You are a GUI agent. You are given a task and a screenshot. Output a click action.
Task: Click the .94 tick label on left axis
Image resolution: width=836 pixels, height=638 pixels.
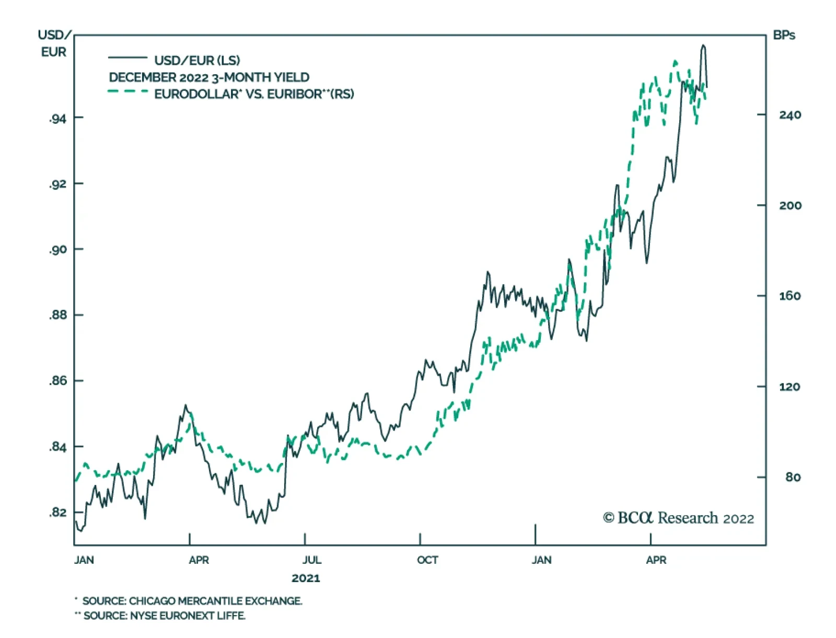coord(58,119)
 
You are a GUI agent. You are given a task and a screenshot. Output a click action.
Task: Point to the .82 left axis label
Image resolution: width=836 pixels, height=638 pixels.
coord(58,513)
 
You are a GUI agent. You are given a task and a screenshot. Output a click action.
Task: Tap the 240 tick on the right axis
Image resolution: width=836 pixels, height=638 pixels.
coord(789,115)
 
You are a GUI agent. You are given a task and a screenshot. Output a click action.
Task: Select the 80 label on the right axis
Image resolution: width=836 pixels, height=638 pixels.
coord(793,477)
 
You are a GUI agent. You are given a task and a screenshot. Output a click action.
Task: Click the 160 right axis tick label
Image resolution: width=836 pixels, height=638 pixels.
coord(789,296)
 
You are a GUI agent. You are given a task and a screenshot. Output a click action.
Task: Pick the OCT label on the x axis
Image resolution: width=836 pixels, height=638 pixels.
coord(427,560)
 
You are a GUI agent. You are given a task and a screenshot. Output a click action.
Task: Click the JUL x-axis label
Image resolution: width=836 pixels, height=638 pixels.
coord(311,560)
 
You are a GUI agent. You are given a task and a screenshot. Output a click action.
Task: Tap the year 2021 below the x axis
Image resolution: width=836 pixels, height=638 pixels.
coord(306,578)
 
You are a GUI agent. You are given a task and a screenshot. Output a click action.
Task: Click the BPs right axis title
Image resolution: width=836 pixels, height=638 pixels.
coord(784,36)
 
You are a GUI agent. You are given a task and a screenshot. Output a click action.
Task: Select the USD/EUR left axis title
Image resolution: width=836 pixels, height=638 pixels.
coord(54,44)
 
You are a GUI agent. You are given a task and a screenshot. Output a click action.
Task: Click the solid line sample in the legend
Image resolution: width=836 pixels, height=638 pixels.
coord(127,57)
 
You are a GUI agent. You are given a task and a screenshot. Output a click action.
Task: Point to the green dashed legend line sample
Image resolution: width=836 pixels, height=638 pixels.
coord(127,91)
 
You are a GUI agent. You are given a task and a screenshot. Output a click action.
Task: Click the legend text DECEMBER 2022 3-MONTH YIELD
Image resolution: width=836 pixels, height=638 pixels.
coord(209,77)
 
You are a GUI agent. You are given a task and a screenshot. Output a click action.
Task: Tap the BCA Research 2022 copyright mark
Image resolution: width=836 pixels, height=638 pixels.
coord(678,518)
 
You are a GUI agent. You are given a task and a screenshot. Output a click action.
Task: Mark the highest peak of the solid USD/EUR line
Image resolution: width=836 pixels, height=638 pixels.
coord(703,45)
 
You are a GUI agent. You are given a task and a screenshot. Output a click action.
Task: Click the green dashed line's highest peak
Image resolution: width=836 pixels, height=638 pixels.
coord(675,62)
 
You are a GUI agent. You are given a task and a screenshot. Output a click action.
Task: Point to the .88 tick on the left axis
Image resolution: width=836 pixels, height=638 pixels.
coord(58,316)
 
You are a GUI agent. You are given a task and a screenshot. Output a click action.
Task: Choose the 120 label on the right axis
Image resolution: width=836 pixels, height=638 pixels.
coord(789,387)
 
